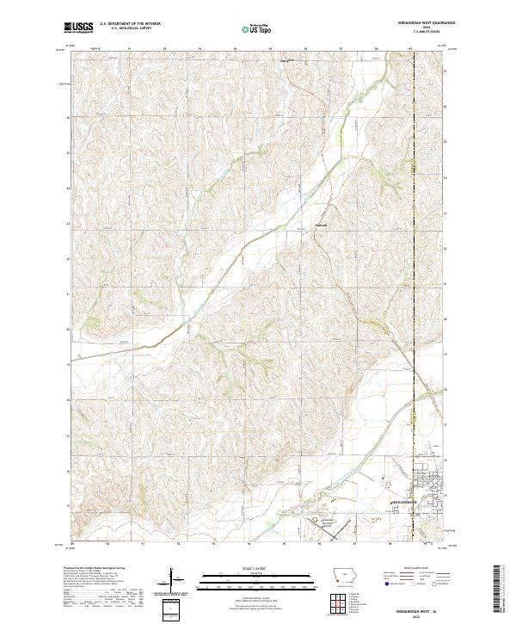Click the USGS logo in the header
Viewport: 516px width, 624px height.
click(x=78, y=28)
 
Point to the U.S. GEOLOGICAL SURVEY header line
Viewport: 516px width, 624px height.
click(x=126, y=30)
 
